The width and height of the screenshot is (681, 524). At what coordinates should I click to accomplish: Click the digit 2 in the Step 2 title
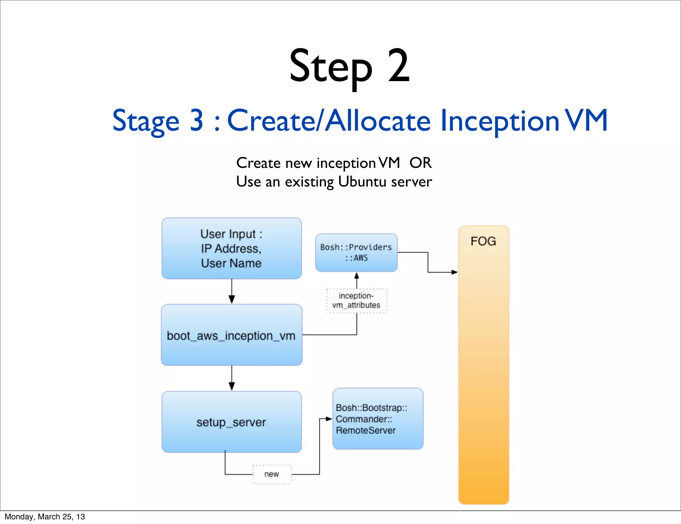click(x=398, y=65)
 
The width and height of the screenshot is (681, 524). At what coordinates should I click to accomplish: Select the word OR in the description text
click(x=420, y=163)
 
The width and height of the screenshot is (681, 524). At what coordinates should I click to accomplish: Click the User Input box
click(x=231, y=248)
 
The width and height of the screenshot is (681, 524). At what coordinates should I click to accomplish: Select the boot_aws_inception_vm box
click(x=231, y=335)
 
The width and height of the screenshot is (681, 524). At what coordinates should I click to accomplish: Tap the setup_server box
click(x=231, y=422)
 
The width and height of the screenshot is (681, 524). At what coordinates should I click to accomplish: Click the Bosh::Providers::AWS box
click(x=356, y=252)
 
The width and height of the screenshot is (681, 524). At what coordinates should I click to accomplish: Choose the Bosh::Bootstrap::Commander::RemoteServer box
click(x=378, y=419)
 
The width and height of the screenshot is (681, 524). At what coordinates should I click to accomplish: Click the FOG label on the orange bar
click(x=483, y=241)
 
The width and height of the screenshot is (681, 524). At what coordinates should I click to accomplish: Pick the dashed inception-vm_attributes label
click(x=356, y=301)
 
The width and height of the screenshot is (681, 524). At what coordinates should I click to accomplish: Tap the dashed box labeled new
click(x=272, y=474)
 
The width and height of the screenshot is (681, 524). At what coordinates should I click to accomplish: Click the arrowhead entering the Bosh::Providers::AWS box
click(x=356, y=276)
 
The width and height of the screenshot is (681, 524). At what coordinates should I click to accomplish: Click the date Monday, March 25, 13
click(x=45, y=517)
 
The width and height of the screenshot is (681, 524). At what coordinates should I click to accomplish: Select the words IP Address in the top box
click(x=231, y=249)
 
